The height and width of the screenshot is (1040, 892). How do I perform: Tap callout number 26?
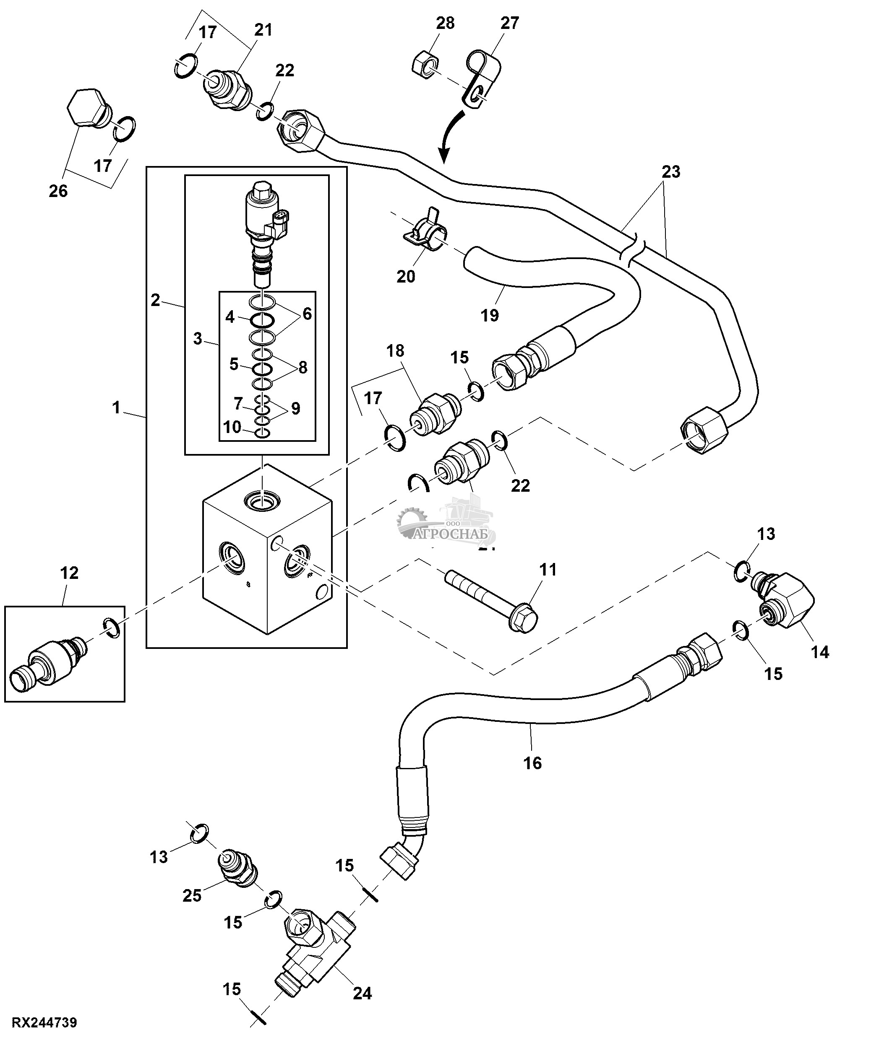point(58,191)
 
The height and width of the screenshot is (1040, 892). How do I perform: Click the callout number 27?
point(509,23)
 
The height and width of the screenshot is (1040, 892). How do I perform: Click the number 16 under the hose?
point(532,763)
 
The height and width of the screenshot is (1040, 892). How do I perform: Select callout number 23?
point(670,172)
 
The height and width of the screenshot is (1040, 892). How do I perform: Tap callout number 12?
point(69,573)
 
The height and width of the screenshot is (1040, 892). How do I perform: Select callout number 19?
point(490,315)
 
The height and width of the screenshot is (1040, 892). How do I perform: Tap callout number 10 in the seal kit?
point(232,427)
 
